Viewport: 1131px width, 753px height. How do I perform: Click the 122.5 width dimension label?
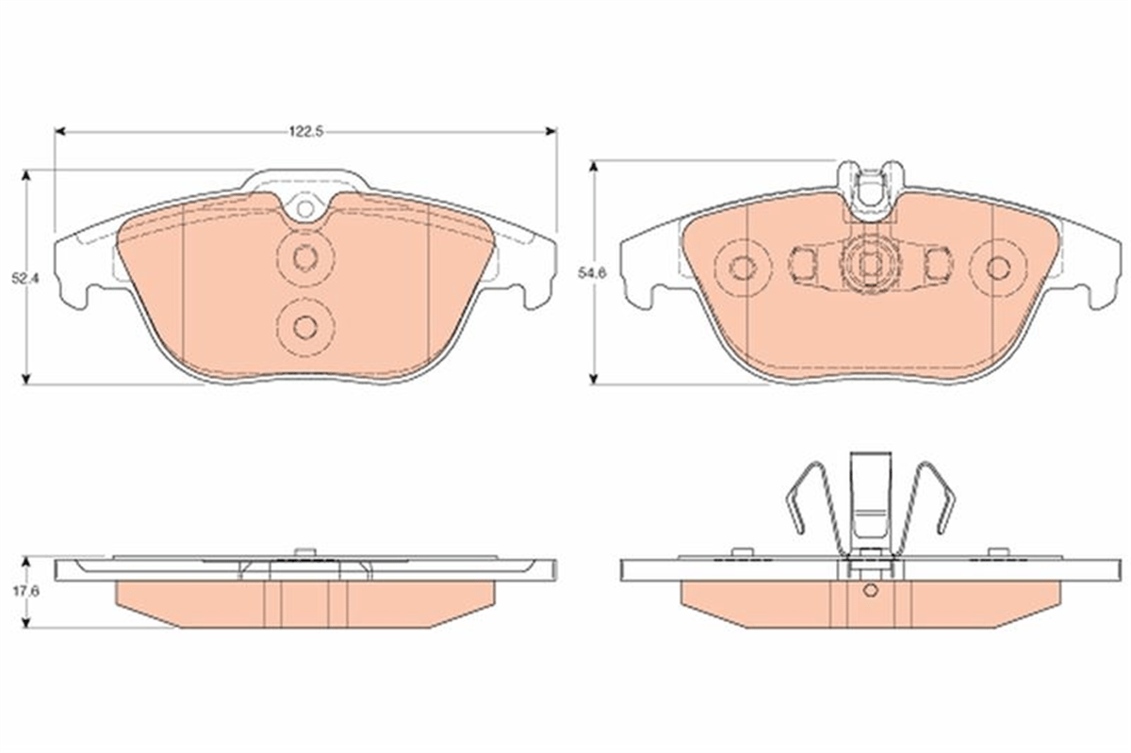pyautogui.click(x=306, y=132)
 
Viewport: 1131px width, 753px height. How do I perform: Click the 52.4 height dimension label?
pyautogui.click(x=25, y=278)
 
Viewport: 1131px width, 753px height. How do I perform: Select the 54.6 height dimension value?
pyautogui.click(x=592, y=273)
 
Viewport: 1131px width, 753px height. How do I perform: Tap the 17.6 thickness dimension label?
pyautogui.click(x=26, y=592)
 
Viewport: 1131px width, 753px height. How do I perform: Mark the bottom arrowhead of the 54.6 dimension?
pyautogui.click(x=595, y=378)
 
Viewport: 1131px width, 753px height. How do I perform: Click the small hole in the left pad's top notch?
pyautogui.click(x=305, y=208)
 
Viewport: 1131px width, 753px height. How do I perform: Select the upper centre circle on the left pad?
pyautogui.click(x=305, y=258)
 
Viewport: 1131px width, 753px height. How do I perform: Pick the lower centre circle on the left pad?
pyautogui.click(x=305, y=328)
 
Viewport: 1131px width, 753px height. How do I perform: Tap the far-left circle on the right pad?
pyautogui.click(x=744, y=269)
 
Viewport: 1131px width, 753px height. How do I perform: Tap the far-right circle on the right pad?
pyautogui.click(x=998, y=269)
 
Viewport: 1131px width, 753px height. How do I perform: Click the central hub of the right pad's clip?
pyautogui.click(x=870, y=263)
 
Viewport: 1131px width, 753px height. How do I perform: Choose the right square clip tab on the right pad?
pyautogui.click(x=939, y=264)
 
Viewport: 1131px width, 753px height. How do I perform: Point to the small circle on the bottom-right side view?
pyautogui.click(x=870, y=590)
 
